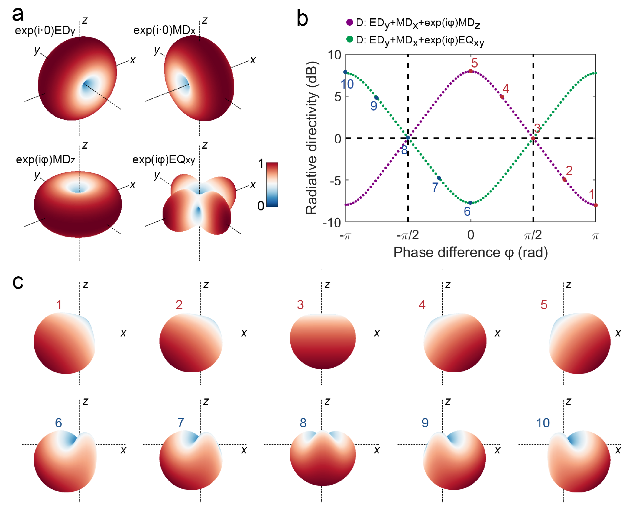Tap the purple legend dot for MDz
349,22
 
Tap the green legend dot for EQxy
349,39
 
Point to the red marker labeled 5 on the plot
470,71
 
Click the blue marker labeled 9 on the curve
376,98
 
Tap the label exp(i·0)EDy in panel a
45,30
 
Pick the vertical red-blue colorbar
272,184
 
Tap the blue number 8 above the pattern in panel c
303,423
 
